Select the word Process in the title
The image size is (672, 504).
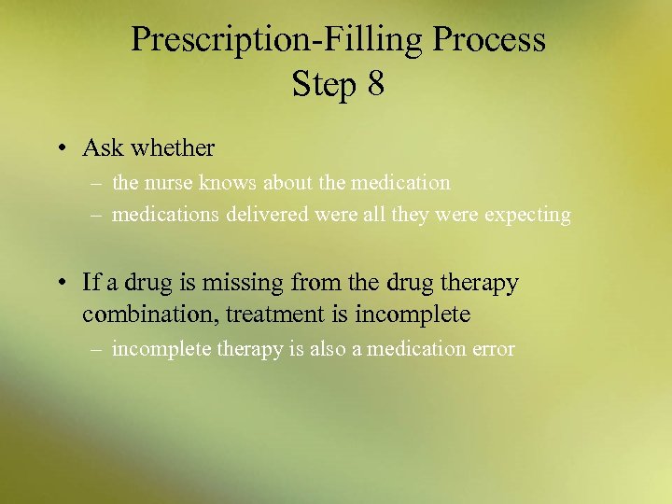click(x=490, y=40)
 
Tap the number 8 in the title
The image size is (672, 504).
click(x=375, y=84)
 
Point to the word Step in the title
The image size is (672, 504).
click(x=325, y=85)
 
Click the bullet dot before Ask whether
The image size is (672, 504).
click(x=59, y=148)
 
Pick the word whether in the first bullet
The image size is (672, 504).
click(x=174, y=147)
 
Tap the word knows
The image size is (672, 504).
click(x=223, y=183)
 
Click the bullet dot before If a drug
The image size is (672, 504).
click(x=59, y=283)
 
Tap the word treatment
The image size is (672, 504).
click(x=272, y=315)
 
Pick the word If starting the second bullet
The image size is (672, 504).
click(x=91, y=282)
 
